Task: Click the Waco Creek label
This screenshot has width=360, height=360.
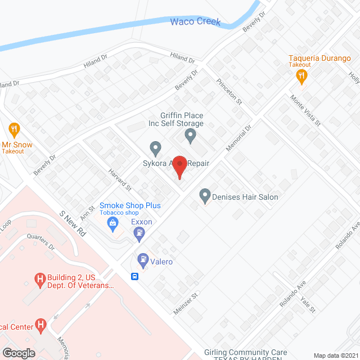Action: pyautogui.click(x=195, y=22)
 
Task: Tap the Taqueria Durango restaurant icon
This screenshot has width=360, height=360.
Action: pyautogui.click(x=302, y=76)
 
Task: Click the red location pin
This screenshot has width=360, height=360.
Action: pyautogui.click(x=179, y=167)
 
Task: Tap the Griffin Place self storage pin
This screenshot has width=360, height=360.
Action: pyautogui.click(x=191, y=135)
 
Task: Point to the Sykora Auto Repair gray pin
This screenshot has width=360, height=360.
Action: pyautogui.click(x=156, y=148)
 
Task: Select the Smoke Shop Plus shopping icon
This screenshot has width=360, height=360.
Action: pyautogui.click(x=113, y=224)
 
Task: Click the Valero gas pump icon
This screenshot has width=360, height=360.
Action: pyautogui.click(x=143, y=260)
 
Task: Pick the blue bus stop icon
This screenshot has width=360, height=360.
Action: pyautogui.click(x=135, y=276)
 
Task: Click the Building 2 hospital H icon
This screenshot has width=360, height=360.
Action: pyautogui.click(x=39, y=278)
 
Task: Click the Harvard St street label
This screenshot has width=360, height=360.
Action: pyautogui.click(x=120, y=180)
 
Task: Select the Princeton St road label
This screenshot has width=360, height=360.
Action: pyautogui.click(x=229, y=91)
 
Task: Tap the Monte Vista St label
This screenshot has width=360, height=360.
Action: pyautogui.click(x=305, y=110)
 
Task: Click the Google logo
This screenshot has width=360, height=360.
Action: pyautogui.click(x=19, y=353)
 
